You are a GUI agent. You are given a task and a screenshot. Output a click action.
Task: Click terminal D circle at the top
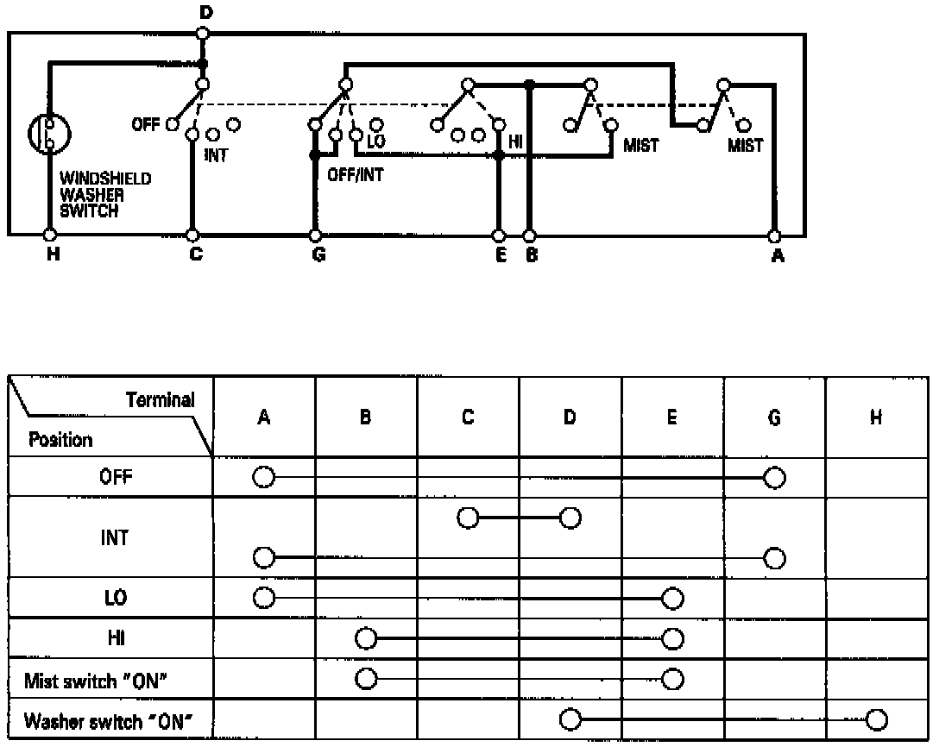click(202, 33)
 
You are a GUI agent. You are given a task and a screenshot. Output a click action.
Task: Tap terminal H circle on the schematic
click(49, 235)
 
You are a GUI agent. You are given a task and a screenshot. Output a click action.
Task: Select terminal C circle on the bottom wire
click(193, 235)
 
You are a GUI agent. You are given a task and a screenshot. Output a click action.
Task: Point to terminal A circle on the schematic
click(774, 235)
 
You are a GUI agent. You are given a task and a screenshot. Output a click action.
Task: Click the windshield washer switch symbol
click(49, 134)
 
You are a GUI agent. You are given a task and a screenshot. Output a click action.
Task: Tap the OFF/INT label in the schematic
click(356, 173)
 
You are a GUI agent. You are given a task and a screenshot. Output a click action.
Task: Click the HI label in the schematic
click(516, 141)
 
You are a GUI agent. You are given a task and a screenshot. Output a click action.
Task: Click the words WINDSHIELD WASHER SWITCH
click(93, 194)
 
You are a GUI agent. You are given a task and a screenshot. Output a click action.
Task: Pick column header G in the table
click(774, 417)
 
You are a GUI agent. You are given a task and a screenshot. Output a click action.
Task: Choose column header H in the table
click(876, 417)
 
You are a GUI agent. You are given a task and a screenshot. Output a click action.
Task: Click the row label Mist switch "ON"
click(96, 681)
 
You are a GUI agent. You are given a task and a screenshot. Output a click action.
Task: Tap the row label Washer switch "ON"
click(104, 720)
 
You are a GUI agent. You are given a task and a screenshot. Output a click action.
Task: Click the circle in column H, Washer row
click(876, 720)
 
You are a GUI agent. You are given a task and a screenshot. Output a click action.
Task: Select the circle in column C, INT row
click(468, 518)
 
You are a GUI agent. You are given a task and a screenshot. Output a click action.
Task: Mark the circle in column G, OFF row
click(774, 477)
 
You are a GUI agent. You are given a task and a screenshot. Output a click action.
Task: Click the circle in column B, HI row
click(366, 639)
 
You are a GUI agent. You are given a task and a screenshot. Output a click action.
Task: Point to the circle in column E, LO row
click(671, 598)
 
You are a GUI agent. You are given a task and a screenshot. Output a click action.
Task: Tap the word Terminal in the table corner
click(161, 399)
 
